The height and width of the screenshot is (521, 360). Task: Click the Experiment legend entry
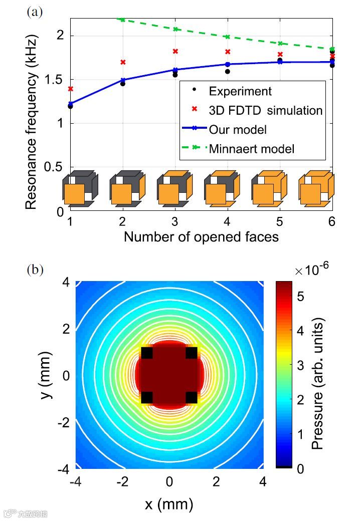click(x=240, y=91)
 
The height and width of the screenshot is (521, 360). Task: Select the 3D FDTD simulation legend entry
click(x=265, y=110)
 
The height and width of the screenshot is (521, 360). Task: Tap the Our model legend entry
click(x=238, y=129)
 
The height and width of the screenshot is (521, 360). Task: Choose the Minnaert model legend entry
click(x=251, y=148)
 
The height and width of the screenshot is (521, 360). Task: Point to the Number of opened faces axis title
click(x=201, y=236)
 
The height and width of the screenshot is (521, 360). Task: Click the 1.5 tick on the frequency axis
click(x=57, y=80)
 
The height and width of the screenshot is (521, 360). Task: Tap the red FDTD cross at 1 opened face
click(x=71, y=89)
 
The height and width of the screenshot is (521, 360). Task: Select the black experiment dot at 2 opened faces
click(x=123, y=84)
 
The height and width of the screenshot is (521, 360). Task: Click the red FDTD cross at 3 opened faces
click(x=175, y=51)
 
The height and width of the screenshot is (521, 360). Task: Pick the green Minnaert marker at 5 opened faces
click(x=280, y=44)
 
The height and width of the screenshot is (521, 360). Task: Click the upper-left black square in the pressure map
click(x=146, y=353)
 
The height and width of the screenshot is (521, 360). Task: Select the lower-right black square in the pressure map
click(x=191, y=398)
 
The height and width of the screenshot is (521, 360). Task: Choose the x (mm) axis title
click(x=169, y=504)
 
